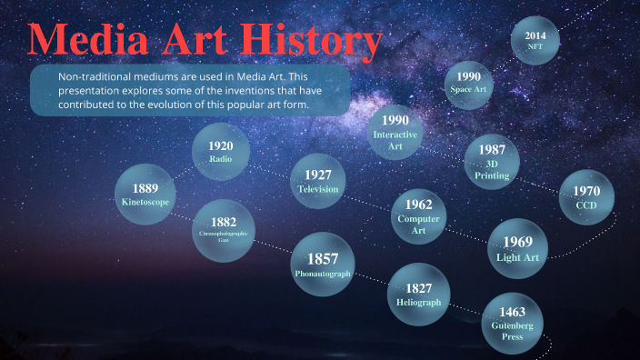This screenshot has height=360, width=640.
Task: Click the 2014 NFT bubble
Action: tap(535, 41)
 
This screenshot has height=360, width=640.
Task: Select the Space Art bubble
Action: tap(469, 83)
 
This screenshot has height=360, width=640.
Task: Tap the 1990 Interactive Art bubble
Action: tap(395, 133)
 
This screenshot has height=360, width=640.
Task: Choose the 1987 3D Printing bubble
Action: tap(492, 161)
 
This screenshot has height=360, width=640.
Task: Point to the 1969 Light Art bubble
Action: tap(518, 248)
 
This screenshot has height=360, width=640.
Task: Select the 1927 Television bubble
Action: tap(317, 181)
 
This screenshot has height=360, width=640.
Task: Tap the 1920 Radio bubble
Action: tap(220, 152)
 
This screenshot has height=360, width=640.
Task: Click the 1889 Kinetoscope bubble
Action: tap(145, 195)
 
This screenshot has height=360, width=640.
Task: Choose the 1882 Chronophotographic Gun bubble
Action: tap(224, 228)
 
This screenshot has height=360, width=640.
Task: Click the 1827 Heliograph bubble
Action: tap(418, 295)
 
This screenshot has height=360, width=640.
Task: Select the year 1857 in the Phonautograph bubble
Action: tap(322, 257)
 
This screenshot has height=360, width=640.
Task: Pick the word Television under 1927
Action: tap(317, 189)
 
